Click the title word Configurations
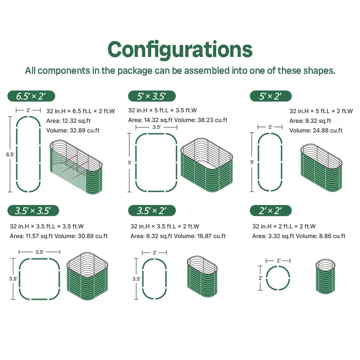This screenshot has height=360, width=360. point(180,50)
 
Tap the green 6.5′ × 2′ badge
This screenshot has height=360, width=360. point(31,96)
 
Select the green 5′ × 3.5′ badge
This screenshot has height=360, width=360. point(152,96)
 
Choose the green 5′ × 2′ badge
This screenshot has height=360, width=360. point(271,96)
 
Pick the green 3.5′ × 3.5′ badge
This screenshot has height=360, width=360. point(33,211)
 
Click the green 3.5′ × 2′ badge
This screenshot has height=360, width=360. point(152,211)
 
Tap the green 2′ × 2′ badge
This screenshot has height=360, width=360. point(271,211)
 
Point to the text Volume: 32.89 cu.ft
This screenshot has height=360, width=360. point(73,130)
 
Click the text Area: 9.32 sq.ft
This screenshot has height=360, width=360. point(310,121)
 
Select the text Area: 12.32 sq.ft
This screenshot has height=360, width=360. point(69,121)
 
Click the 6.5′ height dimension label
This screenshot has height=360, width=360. point(10,155)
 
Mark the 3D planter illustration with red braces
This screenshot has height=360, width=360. point(76,167)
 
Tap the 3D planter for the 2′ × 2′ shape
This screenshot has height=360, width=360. point(325,276)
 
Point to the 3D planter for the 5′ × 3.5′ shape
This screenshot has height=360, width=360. point(207,165)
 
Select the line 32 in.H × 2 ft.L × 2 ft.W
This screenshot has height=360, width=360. point(284,226)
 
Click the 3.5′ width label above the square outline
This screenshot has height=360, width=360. point(39,252)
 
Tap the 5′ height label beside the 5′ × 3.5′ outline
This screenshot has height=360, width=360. point(130,163)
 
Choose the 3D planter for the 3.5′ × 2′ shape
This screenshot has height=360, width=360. point(202,276)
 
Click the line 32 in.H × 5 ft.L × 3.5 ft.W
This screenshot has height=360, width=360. point(162,110)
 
